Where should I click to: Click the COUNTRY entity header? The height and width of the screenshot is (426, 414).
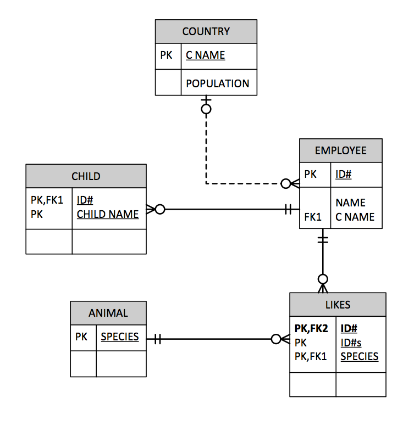click(x=206, y=31)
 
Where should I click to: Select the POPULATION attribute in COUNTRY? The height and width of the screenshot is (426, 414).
click(x=217, y=83)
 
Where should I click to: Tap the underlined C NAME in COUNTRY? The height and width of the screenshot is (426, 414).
click(x=205, y=55)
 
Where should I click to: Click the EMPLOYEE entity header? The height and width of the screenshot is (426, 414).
click(x=340, y=150)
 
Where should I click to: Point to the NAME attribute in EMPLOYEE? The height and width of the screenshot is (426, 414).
click(x=350, y=203)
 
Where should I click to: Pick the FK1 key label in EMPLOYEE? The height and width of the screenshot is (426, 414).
click(x=312, y=217)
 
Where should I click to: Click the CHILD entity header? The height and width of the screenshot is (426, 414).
click(x=86, y=176)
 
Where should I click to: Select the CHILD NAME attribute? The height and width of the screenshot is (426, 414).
click(x=107, y=214)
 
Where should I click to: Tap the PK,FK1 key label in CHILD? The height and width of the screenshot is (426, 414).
click(x=47, y=200)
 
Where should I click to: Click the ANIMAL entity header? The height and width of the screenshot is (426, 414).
click(x=108, y=313)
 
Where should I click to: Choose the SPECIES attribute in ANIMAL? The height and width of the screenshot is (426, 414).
click(x=119, y=337)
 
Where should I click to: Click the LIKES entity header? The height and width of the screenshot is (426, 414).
click(x=337, y=305)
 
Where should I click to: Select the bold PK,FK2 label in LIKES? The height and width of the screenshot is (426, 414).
click(x=311, y=329)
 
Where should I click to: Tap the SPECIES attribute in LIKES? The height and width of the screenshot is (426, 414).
click(x=359, y=356)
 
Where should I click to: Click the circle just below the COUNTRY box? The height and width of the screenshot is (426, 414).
click(x=206, y=109)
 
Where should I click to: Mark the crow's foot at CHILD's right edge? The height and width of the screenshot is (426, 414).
click(x=150, y=209)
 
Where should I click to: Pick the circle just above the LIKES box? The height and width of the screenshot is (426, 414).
click(x=323, y=279)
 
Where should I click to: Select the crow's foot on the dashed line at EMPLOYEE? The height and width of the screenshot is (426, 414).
click(x=295, y=183)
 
